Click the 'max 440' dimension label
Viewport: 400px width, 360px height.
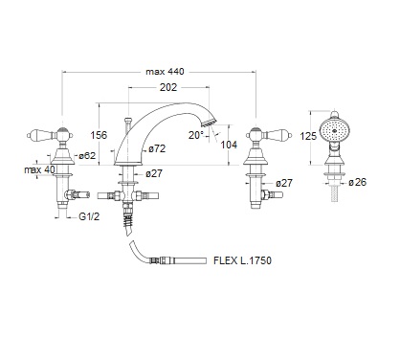click(x=165, y=72)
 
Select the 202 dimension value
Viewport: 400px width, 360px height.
click(x=168, y=87)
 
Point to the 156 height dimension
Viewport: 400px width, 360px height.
click(x=99, y=135)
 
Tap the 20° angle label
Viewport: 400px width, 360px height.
click(x=195, y=135)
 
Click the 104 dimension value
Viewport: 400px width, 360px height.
click(x=229, y=145)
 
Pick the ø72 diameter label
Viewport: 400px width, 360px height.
click(x=157, y=148)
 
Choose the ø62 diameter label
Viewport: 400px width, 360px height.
click(x=87, y=156)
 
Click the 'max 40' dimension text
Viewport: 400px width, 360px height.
click(x=39, y=169)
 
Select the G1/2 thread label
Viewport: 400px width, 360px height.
click(x=89, y=216)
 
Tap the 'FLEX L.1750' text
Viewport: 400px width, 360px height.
click(x=242, y=260)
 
